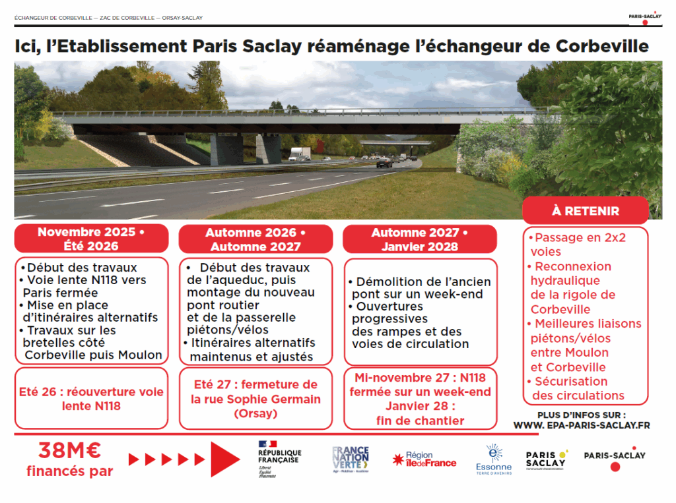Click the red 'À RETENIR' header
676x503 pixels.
coord(586,211)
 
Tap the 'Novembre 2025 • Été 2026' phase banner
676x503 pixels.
coord(91,239)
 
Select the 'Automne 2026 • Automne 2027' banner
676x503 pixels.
coord(255,240)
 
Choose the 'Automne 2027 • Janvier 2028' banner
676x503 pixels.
coord(419,239)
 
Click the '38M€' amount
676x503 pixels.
coord(69,451)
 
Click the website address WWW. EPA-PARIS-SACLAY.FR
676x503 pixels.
coord(582,426)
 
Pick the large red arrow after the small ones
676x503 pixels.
coord(224,459)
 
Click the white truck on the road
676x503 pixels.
coord(300,154)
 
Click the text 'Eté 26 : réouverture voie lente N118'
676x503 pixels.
coord(91,399)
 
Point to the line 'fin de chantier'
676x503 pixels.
coord(420,421)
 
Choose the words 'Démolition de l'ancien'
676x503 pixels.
coord(418,282)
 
